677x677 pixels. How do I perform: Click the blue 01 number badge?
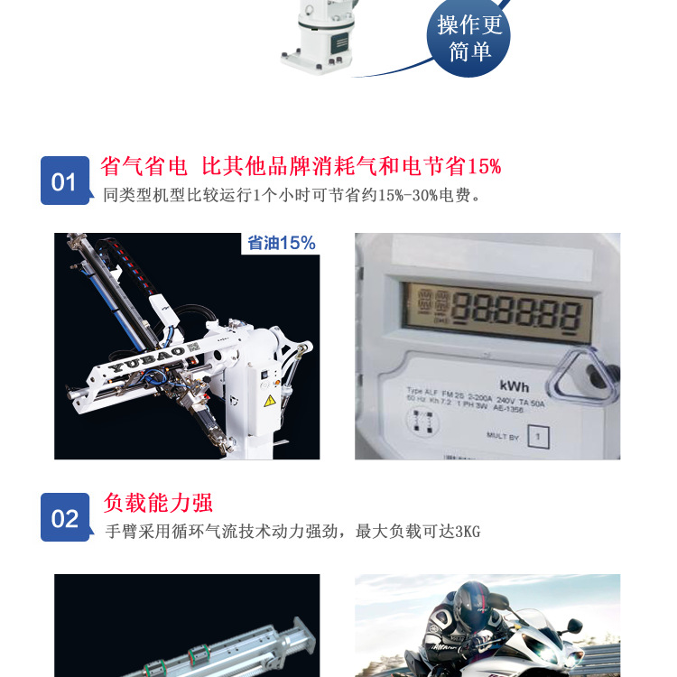[x=64, y=181]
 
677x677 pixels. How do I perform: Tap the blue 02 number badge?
[x=64, y=517]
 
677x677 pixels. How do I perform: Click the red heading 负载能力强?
[x=158, y=503]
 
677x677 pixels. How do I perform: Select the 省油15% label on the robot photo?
[x=282, y=243]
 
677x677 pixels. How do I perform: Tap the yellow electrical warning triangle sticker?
[x=269, y=399]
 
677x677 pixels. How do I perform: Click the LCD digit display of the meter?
[x=498, y=312]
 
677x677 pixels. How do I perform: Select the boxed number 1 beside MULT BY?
[x=538, y=437]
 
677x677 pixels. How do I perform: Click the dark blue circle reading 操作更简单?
[x=468, y=38]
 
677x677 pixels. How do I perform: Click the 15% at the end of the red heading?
[x=484, y=167]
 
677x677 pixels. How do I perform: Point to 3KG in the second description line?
[x=468, y=532]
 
